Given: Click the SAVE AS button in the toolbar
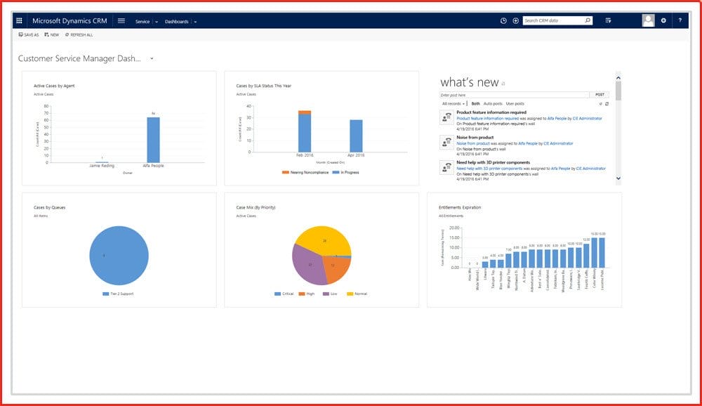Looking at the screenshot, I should tap(29, 34).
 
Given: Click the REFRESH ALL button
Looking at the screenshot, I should tap(79, 34).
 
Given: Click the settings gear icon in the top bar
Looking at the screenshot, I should tap(663, 21).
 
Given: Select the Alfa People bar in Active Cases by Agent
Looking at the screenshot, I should tap(153, 139).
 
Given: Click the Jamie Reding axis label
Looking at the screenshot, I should tap(102, 166).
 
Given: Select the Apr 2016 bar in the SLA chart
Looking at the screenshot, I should tap(356, 136).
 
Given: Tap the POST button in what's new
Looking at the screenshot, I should tap(600, 94).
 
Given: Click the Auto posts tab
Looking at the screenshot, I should tap(493, 103).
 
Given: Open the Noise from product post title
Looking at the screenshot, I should tap(475, 137).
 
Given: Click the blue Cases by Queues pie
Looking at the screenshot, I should tap(119, 256).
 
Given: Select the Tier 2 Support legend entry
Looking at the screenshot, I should tap(121, 294).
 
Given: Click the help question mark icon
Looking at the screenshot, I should tap(680, 21).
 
